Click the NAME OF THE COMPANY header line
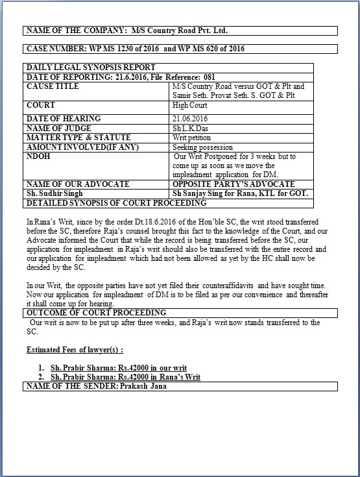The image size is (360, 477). pyautogui.click(x=126, y=31)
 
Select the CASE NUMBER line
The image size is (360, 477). pyautogui.click(x=135, y=49)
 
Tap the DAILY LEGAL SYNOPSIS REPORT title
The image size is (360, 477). pyautogui.click(x=90, y=67)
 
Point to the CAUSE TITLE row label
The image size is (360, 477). pyautogui.click(x=53, y=86)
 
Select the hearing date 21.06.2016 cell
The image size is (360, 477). pyautogui.click(x=188, y=119)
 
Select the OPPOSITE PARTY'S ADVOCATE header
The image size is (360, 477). pyautogui.click(x=234, y=184)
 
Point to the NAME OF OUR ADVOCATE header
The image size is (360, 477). pyautogui.click(x=77, y=184)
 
